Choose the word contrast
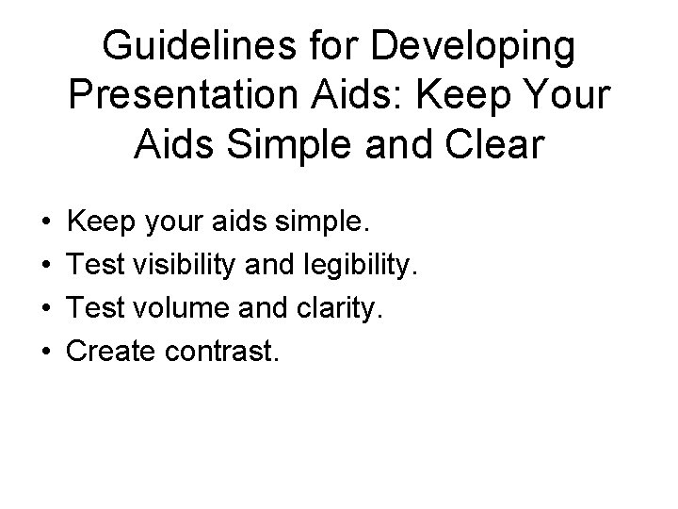coord(221,352)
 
